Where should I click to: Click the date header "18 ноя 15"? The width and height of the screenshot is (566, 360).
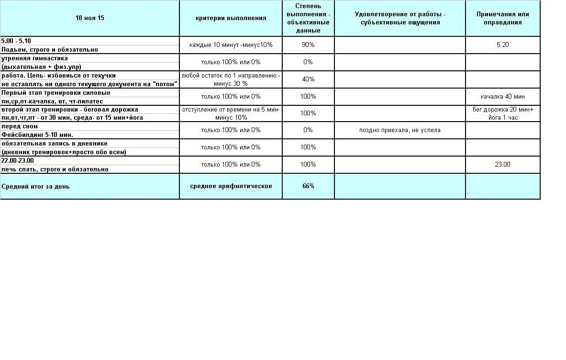pyautogui.click(x=89, y=18)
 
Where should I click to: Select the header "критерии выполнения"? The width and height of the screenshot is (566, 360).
pyautogui.click(x=231, y=18)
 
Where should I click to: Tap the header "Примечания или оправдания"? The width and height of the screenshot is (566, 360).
pyautogui.click(x=502, y=18)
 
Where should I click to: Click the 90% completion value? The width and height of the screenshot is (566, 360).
pyautogui.click(x=308, y=45)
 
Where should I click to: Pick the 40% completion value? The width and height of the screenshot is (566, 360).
pyautogui.click(x=308, y=79)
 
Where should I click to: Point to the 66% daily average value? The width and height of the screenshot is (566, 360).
pyautogui.click(x=308, y=186)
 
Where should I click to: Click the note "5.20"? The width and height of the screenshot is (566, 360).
pyautogui.click(x=502, y=45)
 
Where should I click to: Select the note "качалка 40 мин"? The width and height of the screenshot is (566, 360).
pyautogui.click(x=502, y=96)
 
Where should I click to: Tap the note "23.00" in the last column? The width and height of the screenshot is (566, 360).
pyautogui.click(x=502, y=164)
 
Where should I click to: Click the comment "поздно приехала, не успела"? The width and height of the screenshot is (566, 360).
pyautogui.click(x=400, y=130)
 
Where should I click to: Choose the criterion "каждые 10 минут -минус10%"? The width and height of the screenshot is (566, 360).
pyautogui.click(x=231, y=45)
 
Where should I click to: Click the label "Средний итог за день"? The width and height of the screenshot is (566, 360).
pyautogui.click(x=35, y=186)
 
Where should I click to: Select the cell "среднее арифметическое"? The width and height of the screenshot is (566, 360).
pyautogui.click(x=231, y=186)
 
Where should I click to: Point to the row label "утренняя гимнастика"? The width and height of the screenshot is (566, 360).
pyautogui.click(x=34, y=58)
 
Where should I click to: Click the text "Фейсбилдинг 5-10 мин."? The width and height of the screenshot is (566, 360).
pyautogui.click(x=37, y=135)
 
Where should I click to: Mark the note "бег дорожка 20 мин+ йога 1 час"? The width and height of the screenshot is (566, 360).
pyautogui.click(x=502, y=113)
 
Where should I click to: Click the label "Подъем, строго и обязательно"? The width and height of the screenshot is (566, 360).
pyautogui.click(x=49, y=50)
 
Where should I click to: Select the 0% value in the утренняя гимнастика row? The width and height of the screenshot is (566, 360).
pyautogui.click(x=308, y=62)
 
